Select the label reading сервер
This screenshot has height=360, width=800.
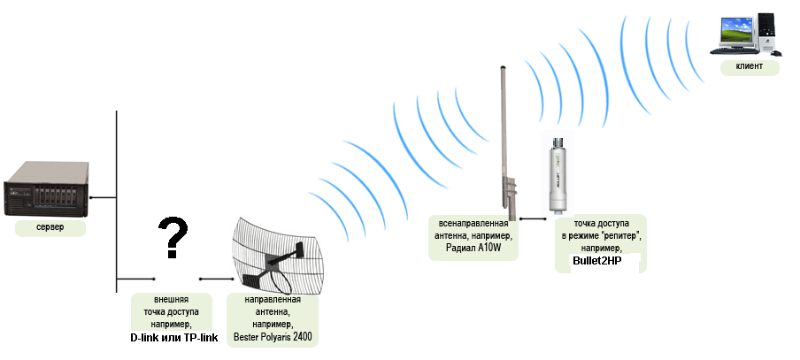click(50, 228)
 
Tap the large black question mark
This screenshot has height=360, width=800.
click(173, 237)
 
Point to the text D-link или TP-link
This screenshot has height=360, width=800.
click(174, 338)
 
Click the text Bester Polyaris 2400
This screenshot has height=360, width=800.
click(273, 337)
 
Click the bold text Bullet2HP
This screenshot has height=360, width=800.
click(597, 261)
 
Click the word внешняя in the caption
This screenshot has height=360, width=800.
click(172, 300)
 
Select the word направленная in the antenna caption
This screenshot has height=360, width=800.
click(273, 300)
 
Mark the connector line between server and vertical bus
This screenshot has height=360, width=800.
click(104, 197)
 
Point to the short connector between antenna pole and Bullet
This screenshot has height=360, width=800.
click(531, 218)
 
